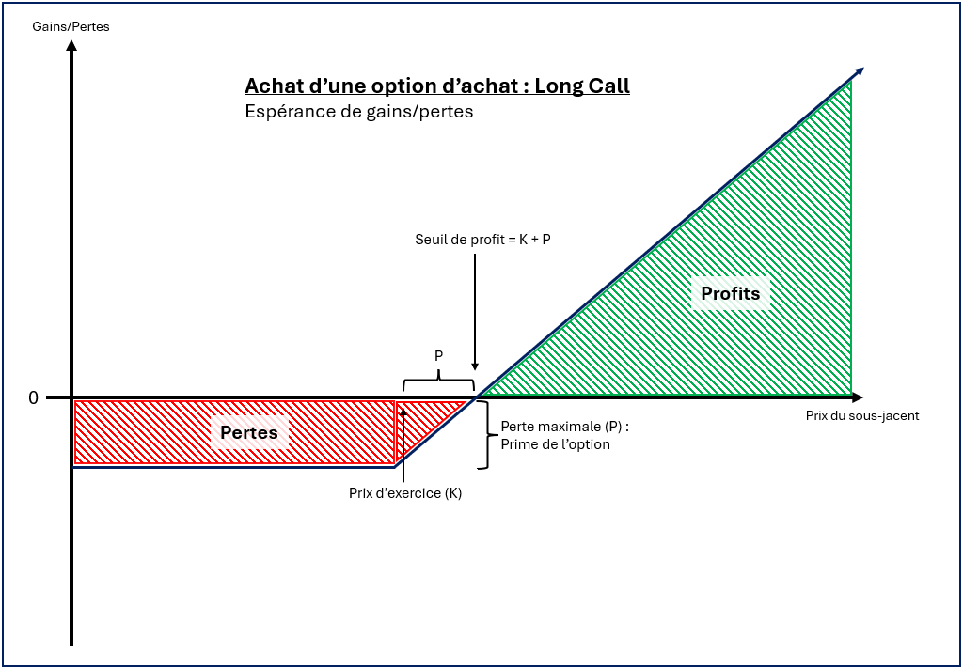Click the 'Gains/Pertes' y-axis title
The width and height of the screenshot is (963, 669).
71,26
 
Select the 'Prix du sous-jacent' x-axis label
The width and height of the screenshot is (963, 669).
862,415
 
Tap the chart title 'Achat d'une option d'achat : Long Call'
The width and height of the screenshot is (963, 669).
437,86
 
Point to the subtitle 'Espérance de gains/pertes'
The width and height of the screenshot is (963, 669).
358,111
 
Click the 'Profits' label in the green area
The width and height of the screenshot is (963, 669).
730,293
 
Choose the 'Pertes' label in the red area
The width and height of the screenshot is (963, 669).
248,432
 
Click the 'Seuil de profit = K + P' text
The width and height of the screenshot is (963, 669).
482,240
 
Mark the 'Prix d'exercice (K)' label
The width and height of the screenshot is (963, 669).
405,492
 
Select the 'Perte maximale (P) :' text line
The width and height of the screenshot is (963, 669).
564,426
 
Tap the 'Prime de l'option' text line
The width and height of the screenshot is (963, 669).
555,443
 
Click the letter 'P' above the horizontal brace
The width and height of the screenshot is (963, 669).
438,357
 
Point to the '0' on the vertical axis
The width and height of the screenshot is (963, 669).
34,397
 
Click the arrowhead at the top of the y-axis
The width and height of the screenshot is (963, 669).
71,46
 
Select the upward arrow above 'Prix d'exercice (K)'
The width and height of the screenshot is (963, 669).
403,442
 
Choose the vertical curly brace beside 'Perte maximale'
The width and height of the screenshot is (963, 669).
485,434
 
